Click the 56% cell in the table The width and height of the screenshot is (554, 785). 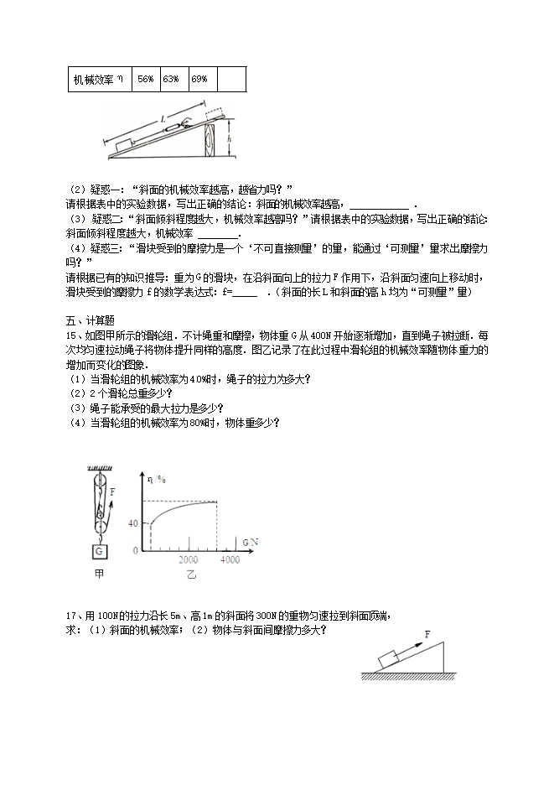click(146, 79)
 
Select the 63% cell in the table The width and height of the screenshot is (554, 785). click(173, 79)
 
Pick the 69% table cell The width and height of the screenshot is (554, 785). click(200, 79)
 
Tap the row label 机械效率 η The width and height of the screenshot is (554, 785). click(98, 79)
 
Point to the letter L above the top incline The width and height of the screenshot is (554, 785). click(162, 120)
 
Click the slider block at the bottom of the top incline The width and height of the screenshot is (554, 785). click(122, 145)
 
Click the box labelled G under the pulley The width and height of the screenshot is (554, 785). click(100, 551)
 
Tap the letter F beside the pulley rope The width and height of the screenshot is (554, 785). click(111, 493)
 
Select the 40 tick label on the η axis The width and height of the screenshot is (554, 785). click(132, 523)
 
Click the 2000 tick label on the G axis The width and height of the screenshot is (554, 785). click(188, 559)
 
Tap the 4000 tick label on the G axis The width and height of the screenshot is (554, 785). click(229, 559)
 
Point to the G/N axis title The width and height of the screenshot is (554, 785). click(250, 542)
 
